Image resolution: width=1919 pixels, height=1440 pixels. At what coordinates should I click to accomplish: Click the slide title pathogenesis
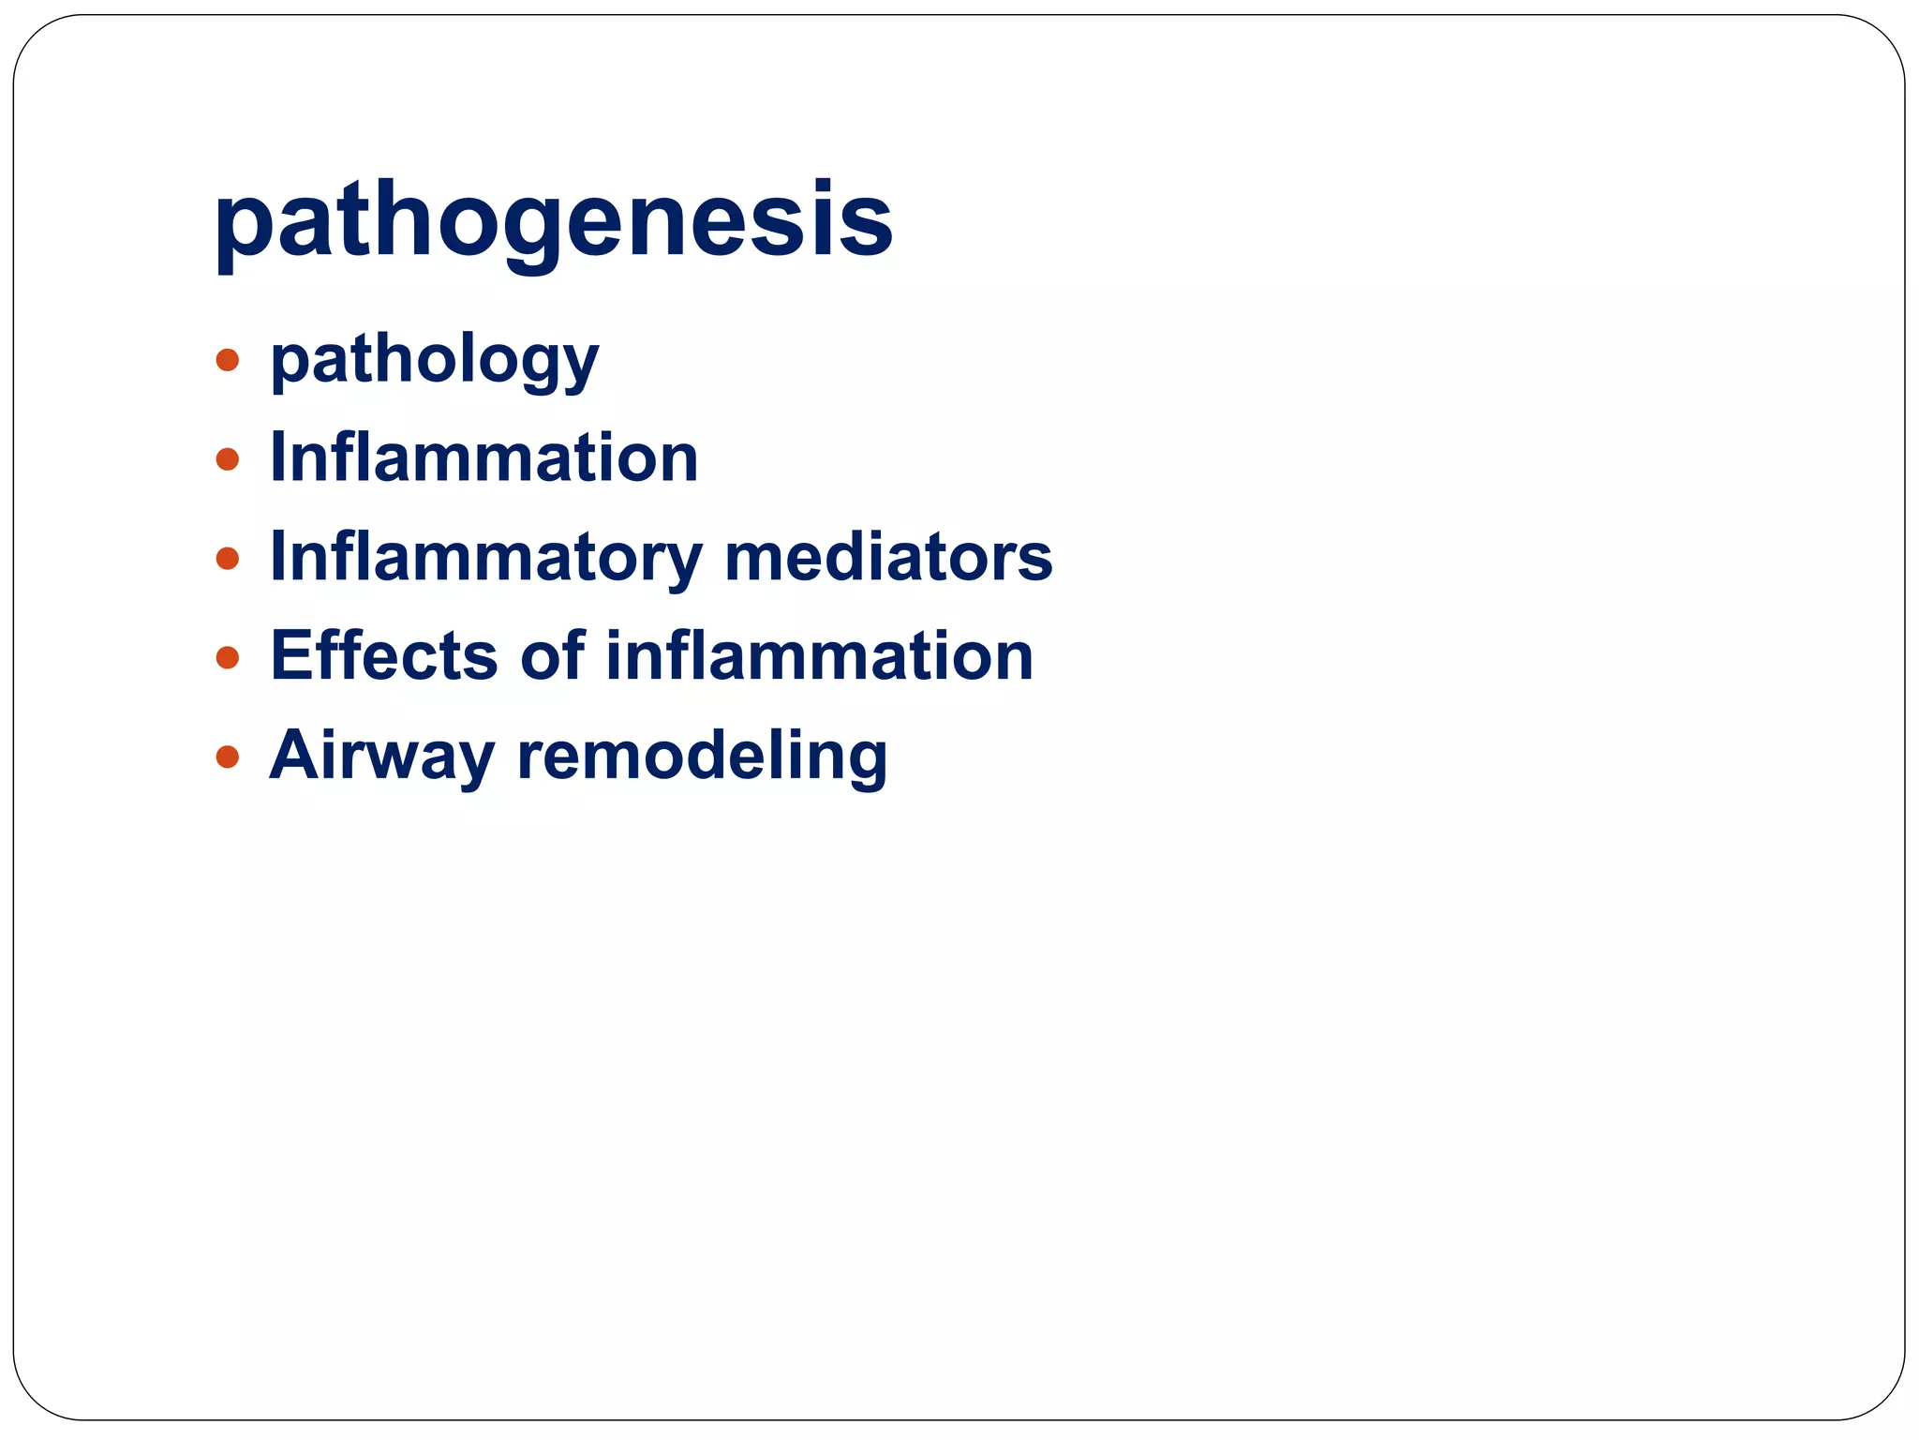[x=553, y=221]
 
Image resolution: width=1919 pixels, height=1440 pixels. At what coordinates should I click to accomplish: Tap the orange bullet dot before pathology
[x=227, y=360]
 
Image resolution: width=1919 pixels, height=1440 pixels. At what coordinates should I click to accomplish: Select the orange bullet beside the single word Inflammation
[x=227, y=459]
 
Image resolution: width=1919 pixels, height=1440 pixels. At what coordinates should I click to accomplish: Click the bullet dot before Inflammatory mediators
[x=227, y=559]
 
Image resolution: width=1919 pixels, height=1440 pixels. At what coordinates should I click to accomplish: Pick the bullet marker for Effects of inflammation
[x=227, y=657]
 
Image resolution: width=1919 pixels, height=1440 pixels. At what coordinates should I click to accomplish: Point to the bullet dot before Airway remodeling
[x=227, y=757]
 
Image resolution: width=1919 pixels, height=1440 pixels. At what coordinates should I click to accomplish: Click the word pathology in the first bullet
[x=434, y=362]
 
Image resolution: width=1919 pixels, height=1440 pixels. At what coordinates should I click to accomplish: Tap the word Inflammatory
[x=485, y=559]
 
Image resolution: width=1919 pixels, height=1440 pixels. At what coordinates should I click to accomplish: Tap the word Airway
[x=381, y=756]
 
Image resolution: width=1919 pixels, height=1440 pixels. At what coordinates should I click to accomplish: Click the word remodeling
[x=702, y=756]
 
